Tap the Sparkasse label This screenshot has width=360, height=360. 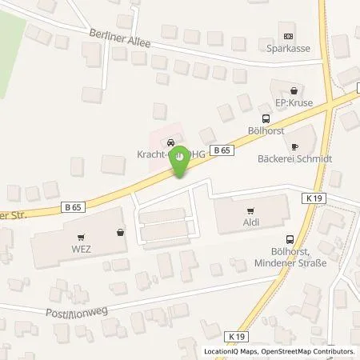pos(289,47)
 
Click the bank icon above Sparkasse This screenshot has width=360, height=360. pos(289,35)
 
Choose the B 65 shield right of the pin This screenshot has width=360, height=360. pos(226,149)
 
